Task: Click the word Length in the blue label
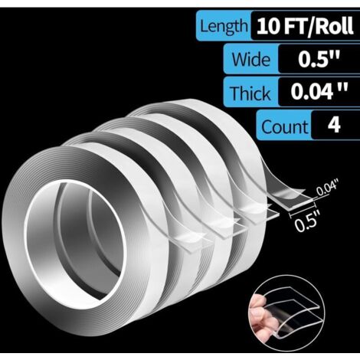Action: click(224, 26)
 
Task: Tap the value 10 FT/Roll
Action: click(305, 25)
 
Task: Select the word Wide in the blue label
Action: click(250, 59)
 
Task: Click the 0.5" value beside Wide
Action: click(319, 59)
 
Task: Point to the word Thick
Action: click(250, 93)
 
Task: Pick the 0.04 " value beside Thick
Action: click(319, 91)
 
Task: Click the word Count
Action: click(284, 126)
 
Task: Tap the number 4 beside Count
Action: click(334, 125)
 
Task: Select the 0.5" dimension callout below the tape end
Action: click(306, 223)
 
